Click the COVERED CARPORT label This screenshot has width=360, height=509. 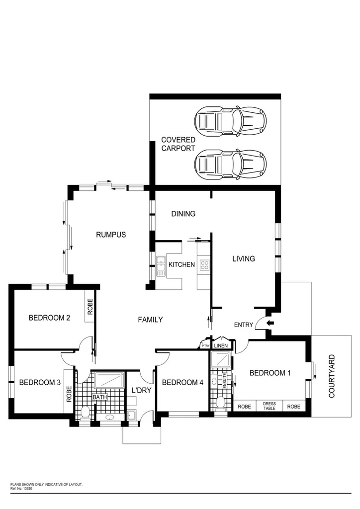pos(178,144)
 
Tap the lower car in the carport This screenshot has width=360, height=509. pos(231,164)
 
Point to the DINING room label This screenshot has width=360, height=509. pos(183,214)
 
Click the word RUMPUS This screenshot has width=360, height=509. pos(110,235)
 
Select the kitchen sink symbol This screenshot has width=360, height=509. pos(161,266)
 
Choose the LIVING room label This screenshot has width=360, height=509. pos(244,258)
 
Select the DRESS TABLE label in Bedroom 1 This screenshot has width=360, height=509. pos(269,406)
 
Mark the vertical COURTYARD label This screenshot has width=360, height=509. pos(332,376)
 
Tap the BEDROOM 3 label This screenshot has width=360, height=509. pos(40,382)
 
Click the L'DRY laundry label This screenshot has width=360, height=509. pos(141,390)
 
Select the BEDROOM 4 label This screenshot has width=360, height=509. pos(182,382)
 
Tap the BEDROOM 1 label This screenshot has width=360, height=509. pos(270,373)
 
